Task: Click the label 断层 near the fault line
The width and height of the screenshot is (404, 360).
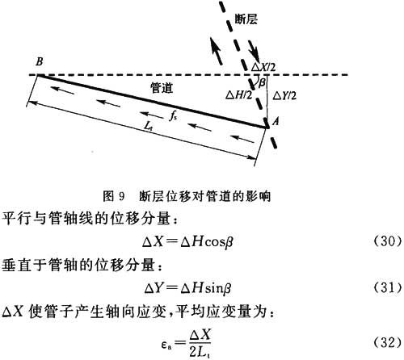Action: (x=246, y=19)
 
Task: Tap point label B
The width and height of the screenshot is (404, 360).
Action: (x=40, y=61)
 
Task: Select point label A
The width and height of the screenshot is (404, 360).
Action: (x=276, y=122)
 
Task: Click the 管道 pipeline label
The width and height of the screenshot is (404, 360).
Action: (x=162, y=88)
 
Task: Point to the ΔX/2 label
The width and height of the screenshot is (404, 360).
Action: (x=263, y=67)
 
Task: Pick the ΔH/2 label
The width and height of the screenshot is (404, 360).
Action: (x=238, y=95)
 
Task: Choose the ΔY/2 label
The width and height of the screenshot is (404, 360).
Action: (x=284, y=96)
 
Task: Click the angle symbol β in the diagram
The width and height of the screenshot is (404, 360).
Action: (x=262, y=82)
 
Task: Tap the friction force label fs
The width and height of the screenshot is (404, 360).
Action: (x=173, y=116)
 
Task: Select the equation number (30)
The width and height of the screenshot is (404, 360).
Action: (x=388, y=241)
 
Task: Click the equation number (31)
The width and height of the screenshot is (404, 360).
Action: (x=388, y=288)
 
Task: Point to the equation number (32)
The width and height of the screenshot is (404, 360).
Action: (x=388, y=342)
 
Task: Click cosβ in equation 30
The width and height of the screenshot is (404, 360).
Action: (x=218, y=242)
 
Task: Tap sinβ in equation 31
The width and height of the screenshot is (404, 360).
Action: (x=218, y=289)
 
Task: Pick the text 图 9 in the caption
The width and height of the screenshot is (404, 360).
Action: (x=114, y=196)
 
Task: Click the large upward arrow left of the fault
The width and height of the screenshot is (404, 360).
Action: (x=216, y=51)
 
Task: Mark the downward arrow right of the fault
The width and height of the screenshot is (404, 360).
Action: (x=254, y=52)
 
